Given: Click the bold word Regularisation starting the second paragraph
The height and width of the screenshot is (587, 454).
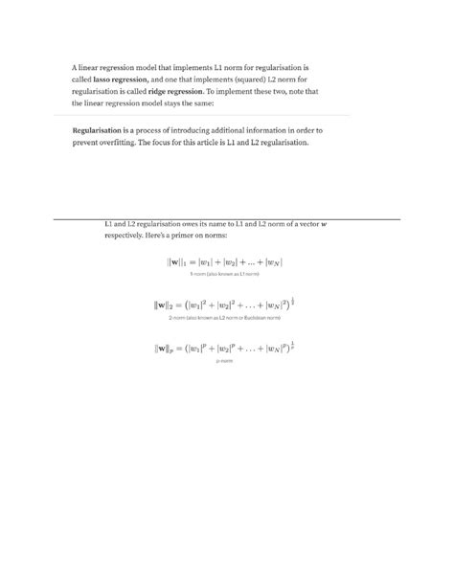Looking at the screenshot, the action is point(101,129).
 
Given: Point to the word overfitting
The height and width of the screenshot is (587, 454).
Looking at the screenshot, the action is point(106,142).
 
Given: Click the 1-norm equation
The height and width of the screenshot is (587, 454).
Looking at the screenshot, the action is point(224,261).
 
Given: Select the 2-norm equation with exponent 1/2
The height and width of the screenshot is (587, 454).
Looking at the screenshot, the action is point(224,305).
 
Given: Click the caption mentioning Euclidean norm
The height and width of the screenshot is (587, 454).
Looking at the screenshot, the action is point(224,317).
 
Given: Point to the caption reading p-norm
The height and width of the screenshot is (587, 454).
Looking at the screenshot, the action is point(224,361).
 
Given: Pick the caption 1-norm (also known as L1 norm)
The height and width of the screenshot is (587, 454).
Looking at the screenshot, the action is point(224,273).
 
